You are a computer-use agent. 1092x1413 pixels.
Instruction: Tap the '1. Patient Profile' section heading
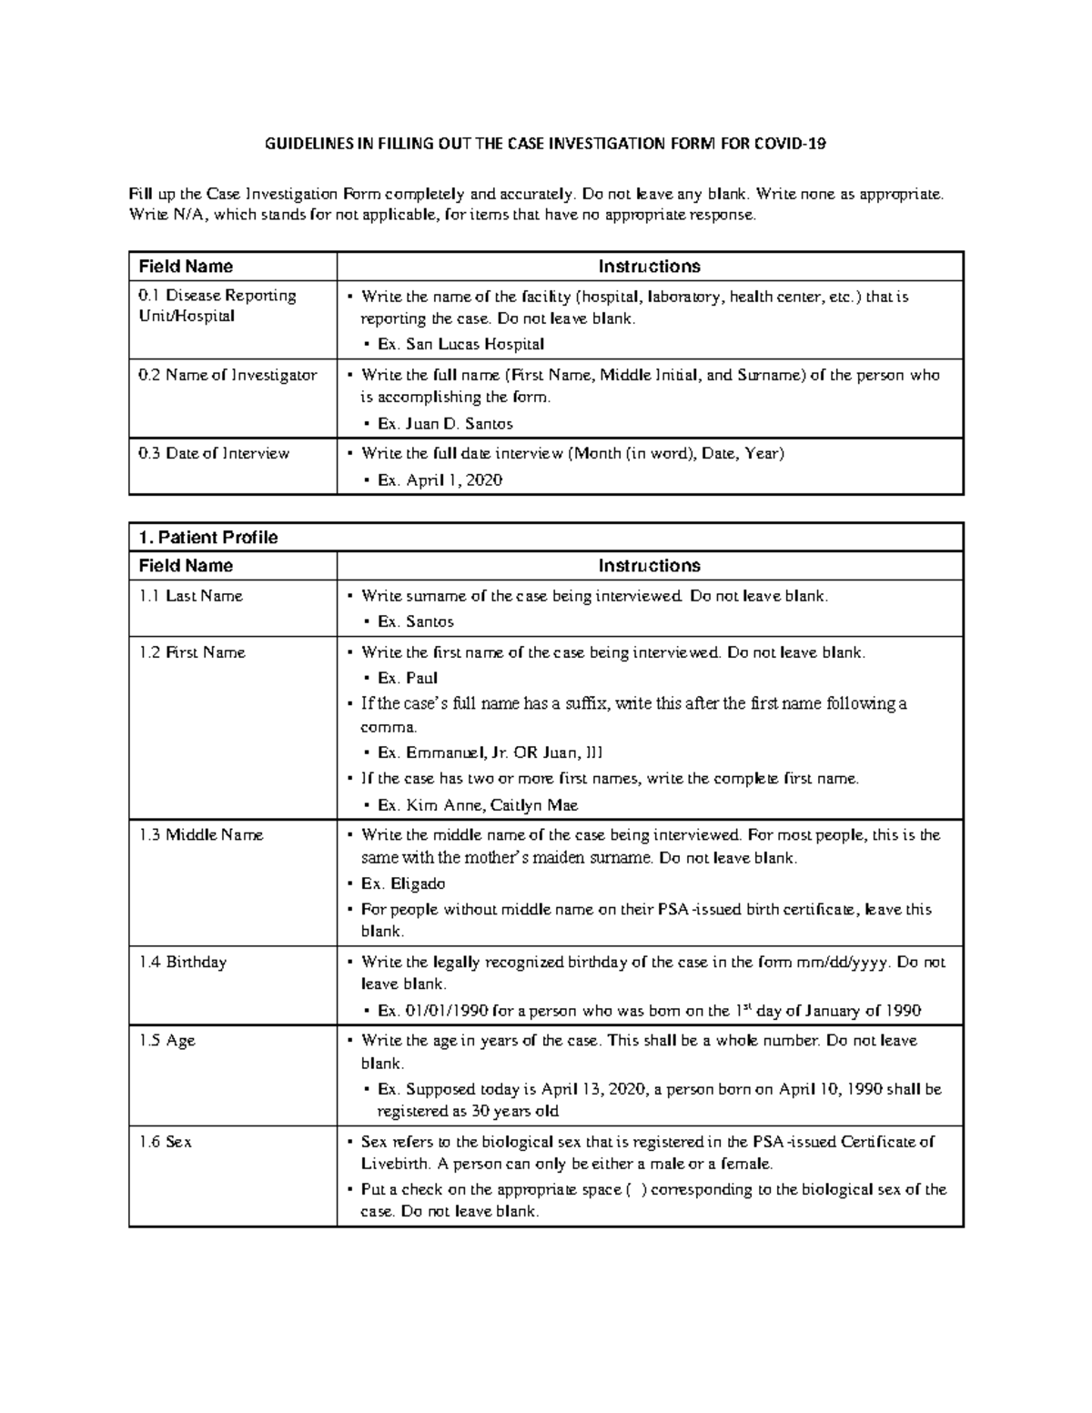point(207,537)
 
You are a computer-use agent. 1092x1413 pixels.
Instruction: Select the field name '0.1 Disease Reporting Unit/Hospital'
point(217,306)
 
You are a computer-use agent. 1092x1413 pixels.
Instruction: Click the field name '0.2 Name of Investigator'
point(227,375)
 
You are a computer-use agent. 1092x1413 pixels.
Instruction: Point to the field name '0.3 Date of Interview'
point(214,453)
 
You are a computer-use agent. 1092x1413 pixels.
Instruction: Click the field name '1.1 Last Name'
point(191,596)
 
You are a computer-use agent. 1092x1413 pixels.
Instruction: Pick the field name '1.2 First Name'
point(192,652)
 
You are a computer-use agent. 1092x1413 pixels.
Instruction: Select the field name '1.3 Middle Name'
point(201,834)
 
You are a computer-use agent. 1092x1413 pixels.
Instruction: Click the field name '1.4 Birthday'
point(183,962)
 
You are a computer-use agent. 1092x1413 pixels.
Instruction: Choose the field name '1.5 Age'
point(167,1040)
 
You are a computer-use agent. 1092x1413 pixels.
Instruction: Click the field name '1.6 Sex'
point(166,1142)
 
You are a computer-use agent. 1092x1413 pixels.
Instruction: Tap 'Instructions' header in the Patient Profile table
point(649,566)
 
